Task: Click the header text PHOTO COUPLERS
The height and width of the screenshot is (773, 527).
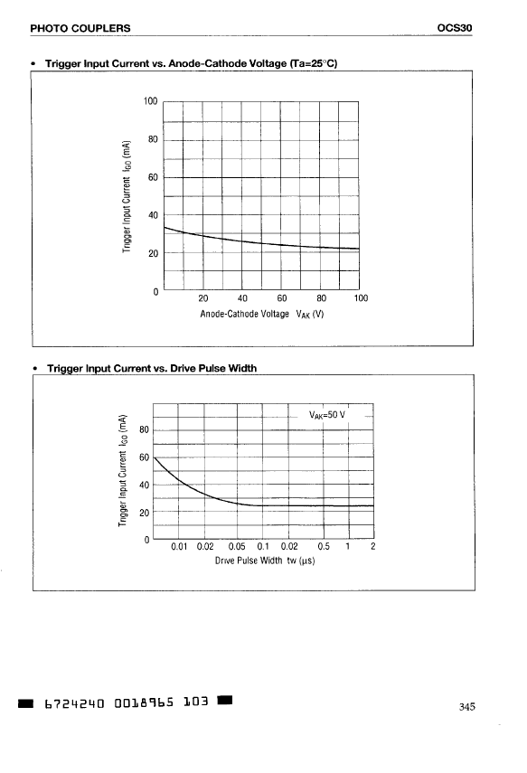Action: tap(80, 28)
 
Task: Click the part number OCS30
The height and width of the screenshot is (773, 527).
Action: tap(455, 28)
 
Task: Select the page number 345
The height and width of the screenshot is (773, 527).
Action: tap(466, 706)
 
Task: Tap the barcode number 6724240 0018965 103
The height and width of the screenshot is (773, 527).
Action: tap(127, 702)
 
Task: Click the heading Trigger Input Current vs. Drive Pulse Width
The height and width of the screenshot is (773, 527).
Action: tap(152, 368)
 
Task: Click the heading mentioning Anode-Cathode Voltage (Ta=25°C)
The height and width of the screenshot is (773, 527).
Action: tap(192, 63)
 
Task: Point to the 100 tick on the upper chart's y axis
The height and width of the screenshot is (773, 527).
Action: tap(150, 101)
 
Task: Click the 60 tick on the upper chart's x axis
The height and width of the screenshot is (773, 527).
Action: tap(281, 297)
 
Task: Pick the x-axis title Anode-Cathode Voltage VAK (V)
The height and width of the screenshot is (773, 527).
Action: tap(262, 314)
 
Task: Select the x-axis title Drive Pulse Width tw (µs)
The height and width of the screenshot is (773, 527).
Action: tap(265, 561)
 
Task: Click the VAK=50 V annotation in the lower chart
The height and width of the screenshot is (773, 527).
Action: tap(327, 415)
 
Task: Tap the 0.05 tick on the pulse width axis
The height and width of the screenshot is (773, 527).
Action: tap(237, 546)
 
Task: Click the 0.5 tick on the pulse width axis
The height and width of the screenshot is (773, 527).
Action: tap(324, 546)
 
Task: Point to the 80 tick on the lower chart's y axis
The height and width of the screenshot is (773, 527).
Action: tap(144, 429)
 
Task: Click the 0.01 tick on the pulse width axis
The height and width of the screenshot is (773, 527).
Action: tap(180, 546)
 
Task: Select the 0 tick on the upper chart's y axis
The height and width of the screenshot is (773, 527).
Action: tap(155, 292)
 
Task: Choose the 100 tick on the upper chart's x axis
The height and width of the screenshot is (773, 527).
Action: tap(361, 297)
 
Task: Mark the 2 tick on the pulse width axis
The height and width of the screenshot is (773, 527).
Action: tap(372, 546)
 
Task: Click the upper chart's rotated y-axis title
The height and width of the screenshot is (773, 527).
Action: tap(127, 196)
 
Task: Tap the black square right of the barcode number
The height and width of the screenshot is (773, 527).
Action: tap(225, 700)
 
